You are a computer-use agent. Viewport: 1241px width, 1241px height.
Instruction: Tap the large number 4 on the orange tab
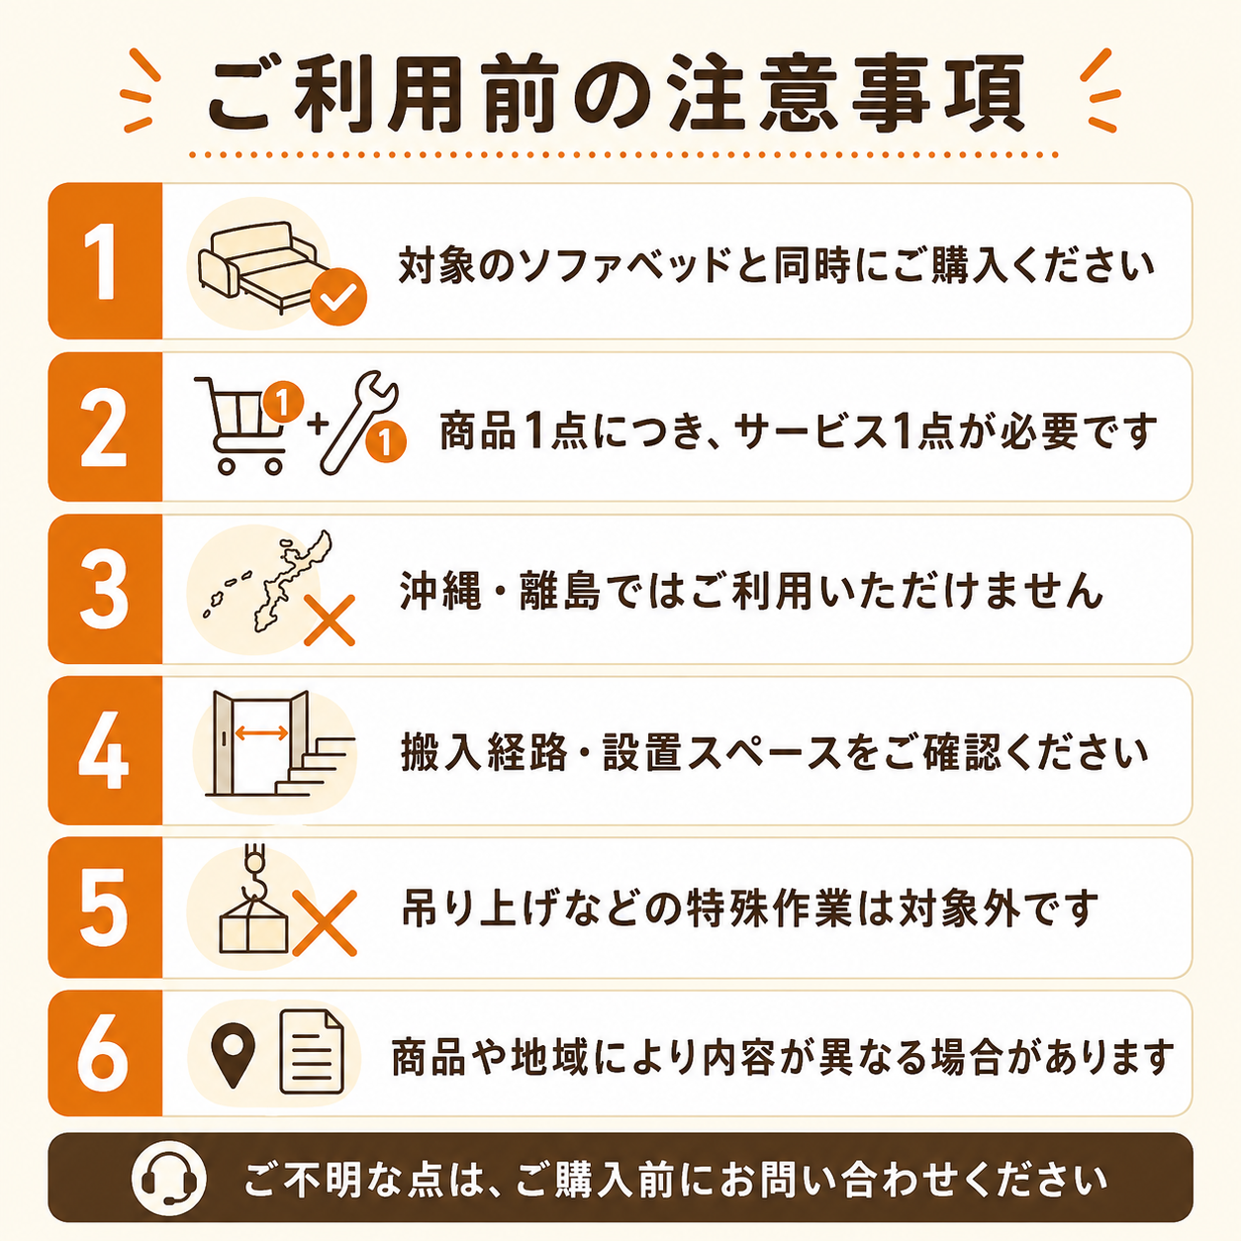click(104, 749)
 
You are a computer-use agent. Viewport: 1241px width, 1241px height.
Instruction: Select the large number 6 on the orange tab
click(103, 1054)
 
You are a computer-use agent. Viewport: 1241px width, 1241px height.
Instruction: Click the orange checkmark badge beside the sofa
click(338, 296)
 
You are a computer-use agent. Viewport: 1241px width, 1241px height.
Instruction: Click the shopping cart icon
click(239, 425)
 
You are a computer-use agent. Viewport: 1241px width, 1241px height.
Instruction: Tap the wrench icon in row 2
click(359, 423)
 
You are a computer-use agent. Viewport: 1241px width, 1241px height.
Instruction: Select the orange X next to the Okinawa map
click(330, 620)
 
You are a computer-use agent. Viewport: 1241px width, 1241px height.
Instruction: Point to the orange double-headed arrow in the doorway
click(261, 732)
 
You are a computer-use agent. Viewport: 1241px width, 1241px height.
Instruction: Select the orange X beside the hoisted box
click(325, 923)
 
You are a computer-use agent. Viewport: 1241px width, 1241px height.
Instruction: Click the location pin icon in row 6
click(234, 1056)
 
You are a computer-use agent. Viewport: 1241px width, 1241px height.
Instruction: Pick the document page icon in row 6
click(312, 1052)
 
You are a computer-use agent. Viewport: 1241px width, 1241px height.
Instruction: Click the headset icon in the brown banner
click(168, 1178)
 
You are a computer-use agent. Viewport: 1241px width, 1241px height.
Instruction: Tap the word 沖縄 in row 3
click(440, 590)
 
